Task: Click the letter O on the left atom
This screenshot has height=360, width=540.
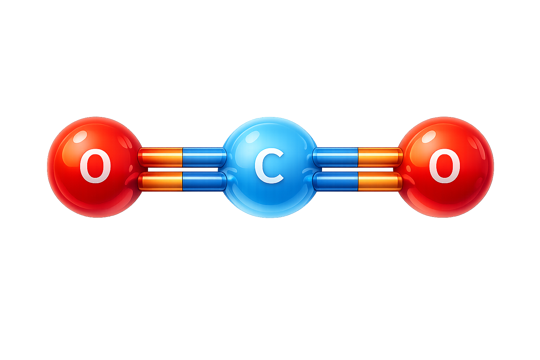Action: tap(95, 166)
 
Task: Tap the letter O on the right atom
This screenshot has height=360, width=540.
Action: tap(444, 166)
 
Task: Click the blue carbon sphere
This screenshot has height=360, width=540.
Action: tap(270, 167)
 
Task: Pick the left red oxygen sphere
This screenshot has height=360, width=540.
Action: tap(96, 167)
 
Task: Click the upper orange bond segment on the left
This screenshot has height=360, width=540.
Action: tap(160, 157)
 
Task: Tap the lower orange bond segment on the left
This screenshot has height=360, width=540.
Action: tap(160, 181)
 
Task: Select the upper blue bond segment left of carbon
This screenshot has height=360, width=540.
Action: tap(204, 157)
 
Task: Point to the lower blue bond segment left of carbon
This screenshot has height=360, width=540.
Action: tap(204, 181)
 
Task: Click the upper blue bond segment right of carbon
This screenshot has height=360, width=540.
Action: tap(335, 157)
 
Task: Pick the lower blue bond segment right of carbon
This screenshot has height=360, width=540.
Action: tap(335, 181)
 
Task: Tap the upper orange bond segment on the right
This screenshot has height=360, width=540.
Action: tap(380, 157)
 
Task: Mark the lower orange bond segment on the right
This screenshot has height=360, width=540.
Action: tap(380, 181)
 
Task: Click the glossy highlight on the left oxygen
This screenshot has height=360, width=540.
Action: tap(80, 137)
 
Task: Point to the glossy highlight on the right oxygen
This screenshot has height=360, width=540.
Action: tap(429, 137)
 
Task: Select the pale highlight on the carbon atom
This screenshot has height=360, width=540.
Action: tap(251, 137)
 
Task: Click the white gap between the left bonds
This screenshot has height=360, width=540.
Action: tap(183, 169)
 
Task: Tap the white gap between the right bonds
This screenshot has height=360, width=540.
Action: tap(358, 169)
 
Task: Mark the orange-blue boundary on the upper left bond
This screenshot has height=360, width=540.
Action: tap(182, 157)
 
